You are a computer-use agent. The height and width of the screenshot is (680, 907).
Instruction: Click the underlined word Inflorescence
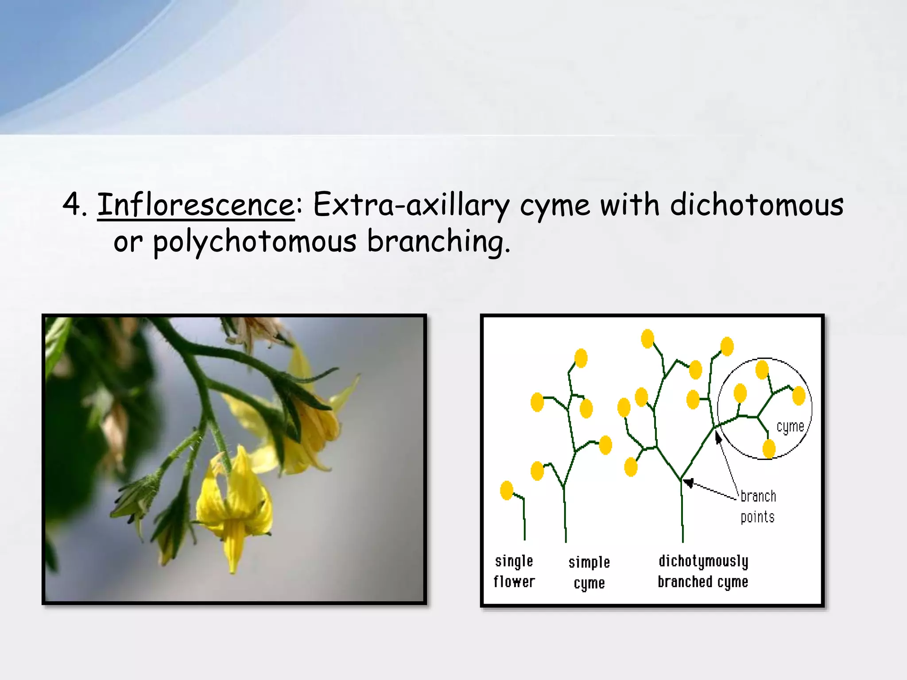click(196, 205)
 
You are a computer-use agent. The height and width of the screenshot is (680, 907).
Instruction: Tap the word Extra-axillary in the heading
click(411, 205)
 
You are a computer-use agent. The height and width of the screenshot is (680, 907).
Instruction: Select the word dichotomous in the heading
click(756, 205)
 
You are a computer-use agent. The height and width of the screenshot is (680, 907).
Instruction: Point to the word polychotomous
click(254, 242)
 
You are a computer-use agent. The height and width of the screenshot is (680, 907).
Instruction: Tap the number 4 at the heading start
click(71, 205)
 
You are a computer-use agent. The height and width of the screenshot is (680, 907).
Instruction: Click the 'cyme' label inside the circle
click(790, 426)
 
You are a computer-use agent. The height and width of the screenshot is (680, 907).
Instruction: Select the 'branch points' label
click(758, 506)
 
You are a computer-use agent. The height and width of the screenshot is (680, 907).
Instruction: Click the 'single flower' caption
click(514, 572)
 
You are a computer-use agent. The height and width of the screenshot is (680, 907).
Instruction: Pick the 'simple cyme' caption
click(589, 573)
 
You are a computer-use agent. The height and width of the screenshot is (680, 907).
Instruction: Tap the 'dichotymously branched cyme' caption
click(703, 572)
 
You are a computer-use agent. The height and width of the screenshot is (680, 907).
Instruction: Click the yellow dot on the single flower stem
click(507, 490)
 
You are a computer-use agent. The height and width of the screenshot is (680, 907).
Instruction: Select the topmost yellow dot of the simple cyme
click(581, 358)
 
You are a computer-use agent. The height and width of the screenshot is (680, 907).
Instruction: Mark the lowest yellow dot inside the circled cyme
click(769, 448)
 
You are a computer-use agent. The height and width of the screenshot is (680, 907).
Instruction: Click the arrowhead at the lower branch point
click(688, 482)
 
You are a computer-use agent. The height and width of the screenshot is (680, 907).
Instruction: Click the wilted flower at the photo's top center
click(255, 332)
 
